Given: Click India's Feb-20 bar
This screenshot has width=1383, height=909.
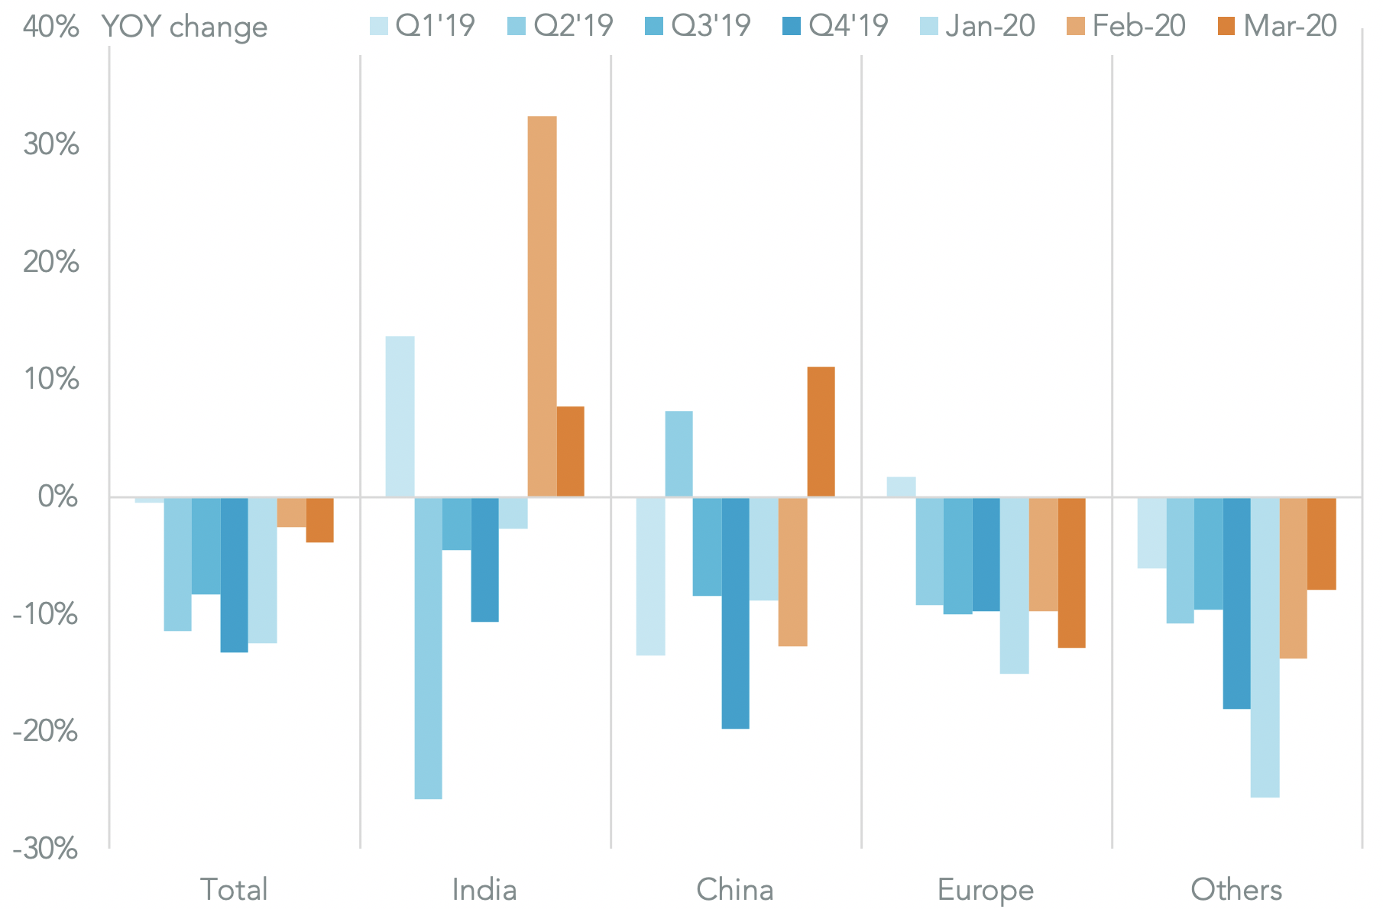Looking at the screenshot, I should click(x=542, y=306).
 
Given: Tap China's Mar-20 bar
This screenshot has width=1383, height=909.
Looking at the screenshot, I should click(x=821, y=432).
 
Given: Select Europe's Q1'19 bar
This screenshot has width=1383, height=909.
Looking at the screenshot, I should click(x=901, y=487).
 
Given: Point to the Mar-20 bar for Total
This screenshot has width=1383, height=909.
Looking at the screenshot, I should click(x=320, y=519).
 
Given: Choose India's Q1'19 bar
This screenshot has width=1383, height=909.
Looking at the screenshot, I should click(x=400, y=416).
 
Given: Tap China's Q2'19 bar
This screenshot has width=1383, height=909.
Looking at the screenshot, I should click(x=679, y=454).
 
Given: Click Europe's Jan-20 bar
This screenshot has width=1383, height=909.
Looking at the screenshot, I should click(x=1014, y=585).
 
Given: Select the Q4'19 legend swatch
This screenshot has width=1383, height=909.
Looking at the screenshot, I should click(x=791, y=27).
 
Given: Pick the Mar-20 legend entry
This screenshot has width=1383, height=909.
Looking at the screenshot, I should click(x=1276, y=26).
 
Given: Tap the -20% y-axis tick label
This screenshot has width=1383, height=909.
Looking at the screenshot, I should click(x=45, y=731).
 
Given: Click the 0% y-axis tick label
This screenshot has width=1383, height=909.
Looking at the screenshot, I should click(x=58, y=497).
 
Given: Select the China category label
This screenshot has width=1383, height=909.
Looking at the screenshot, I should click(x=735, y=890).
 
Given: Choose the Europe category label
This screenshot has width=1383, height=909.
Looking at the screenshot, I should click(x=986, y=890).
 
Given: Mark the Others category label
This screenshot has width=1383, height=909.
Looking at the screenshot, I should click(x=1236, y=890).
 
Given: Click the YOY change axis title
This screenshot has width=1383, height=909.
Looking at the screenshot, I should click(x=184, y=27).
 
